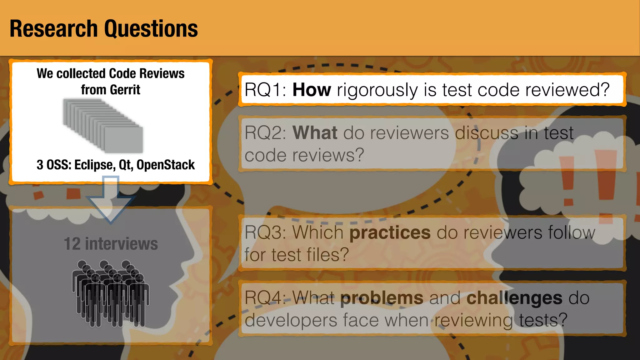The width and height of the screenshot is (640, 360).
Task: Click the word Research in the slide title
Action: [53, 28]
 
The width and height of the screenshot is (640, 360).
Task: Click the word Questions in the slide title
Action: [151, 29]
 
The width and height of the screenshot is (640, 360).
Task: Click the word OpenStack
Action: [165, 165]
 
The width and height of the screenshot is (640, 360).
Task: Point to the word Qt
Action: [126, 165]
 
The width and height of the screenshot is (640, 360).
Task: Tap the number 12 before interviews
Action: [72, 244]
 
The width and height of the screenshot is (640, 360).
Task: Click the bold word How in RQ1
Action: [312, 90]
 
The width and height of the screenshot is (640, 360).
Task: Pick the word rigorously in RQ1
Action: [377, 90]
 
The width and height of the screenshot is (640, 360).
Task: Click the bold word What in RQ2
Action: [315, 133]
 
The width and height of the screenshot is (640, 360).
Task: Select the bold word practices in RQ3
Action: [390, 232]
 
